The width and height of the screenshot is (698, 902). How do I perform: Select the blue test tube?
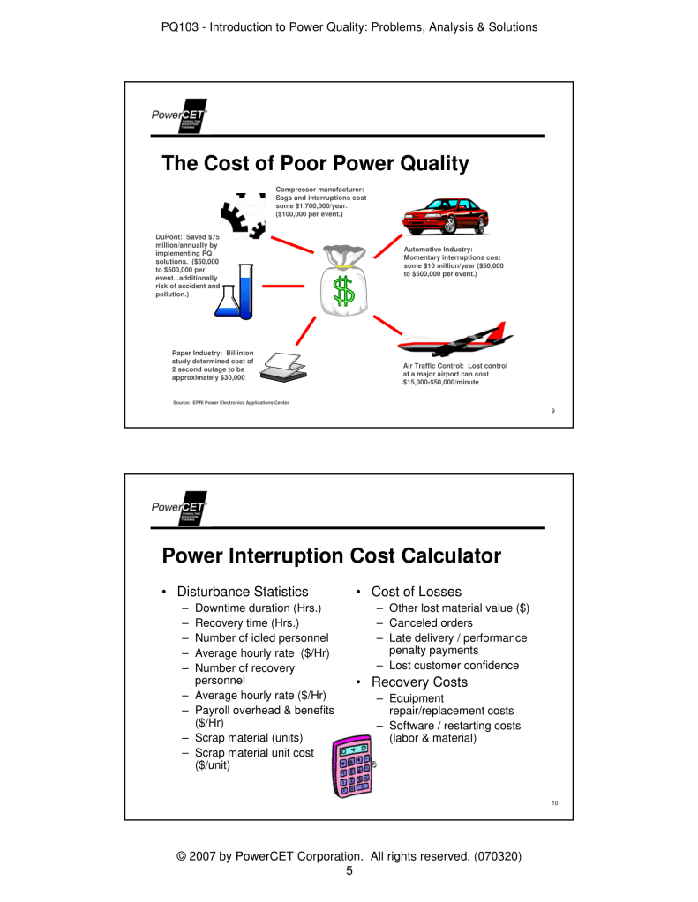click(x=245, y=293)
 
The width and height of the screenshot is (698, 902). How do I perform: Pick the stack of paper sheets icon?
click(x=285, y=365)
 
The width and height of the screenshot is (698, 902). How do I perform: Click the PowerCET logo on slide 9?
click(x=178, y=117)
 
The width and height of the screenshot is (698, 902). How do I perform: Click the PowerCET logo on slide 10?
click(x=178, y=508)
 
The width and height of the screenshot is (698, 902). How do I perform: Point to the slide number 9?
click(x=552, y=410)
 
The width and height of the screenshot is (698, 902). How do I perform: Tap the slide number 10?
click(x=554, y=801)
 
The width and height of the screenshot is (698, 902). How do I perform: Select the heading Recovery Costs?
click(x=419, y=682)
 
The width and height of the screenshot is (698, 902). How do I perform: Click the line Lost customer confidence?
click(x=454, y=666)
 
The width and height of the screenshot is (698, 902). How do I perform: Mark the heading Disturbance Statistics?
click(x=242, y=592)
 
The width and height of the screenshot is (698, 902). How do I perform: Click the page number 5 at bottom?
click(x=349, y=872)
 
